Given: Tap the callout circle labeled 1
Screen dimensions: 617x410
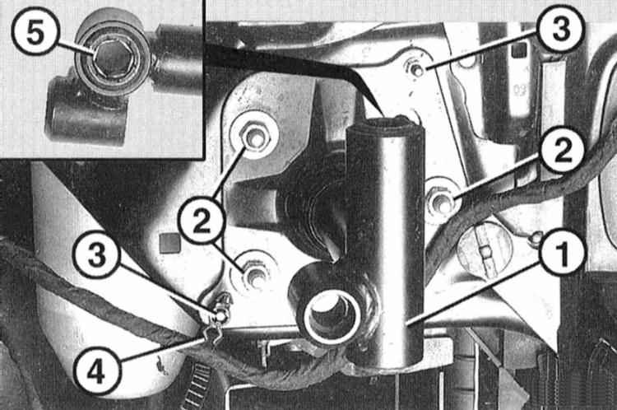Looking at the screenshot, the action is click(562, 255).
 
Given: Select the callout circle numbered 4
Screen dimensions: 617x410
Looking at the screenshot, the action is click(96, 371).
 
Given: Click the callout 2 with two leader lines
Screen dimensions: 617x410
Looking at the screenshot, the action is click(201, 222).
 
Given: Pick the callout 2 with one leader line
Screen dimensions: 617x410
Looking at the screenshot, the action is click(562, 151).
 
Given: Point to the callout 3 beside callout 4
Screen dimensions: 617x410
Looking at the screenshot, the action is click(97, 255).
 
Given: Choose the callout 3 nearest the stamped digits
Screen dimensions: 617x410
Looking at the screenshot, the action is click(560, 28).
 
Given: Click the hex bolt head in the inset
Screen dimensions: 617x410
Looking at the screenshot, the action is click(114, 60).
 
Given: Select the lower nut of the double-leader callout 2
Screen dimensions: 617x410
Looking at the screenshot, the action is click(253, 273).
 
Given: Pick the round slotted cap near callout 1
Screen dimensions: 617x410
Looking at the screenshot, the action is click(485, 249).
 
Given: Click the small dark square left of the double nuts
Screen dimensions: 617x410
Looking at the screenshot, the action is click(170, 243).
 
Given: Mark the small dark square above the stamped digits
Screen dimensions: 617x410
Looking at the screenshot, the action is click(518, 51).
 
